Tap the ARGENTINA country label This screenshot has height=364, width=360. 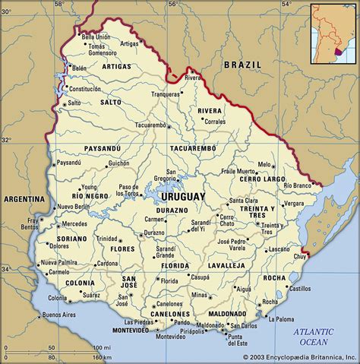pos(23,198)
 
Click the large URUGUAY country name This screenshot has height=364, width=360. pos(183,196)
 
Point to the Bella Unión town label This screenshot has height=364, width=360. pos(96,36)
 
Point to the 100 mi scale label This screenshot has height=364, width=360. pos(98,347)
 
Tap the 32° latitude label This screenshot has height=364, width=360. pos(6,140)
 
